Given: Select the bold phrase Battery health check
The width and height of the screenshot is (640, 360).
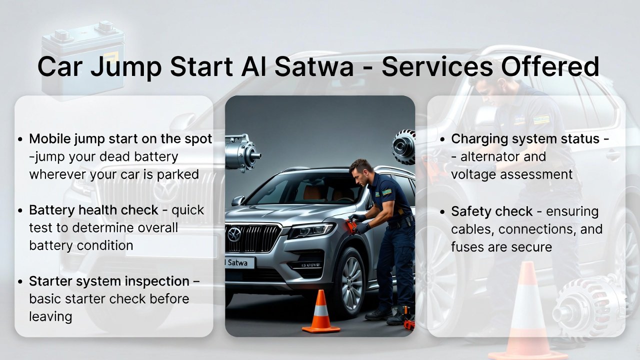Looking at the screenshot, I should tap(93, 210).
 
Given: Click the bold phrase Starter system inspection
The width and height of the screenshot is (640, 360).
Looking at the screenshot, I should tap(109, 281).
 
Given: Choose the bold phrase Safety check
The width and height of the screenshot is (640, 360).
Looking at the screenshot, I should tap(491, 211).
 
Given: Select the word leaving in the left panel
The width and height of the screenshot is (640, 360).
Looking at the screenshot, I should tap(50, 316).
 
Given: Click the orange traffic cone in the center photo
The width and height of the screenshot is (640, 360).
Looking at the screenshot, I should tap(321, 312).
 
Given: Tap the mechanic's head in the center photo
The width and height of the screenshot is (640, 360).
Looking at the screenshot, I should tap(361, 169).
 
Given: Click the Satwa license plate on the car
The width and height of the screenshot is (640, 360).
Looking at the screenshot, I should tap(239, 262).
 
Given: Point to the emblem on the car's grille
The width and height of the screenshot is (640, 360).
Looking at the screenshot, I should tap(234, 234).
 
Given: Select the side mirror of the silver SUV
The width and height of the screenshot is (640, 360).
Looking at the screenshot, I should tap(238, 201).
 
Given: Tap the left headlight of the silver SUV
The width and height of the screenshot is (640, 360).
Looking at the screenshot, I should tap(310, 230).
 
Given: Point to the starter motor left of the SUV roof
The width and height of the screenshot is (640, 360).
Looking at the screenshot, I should tap(242, 153).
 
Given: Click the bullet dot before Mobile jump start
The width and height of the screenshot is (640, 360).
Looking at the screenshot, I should tap(20, 139).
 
